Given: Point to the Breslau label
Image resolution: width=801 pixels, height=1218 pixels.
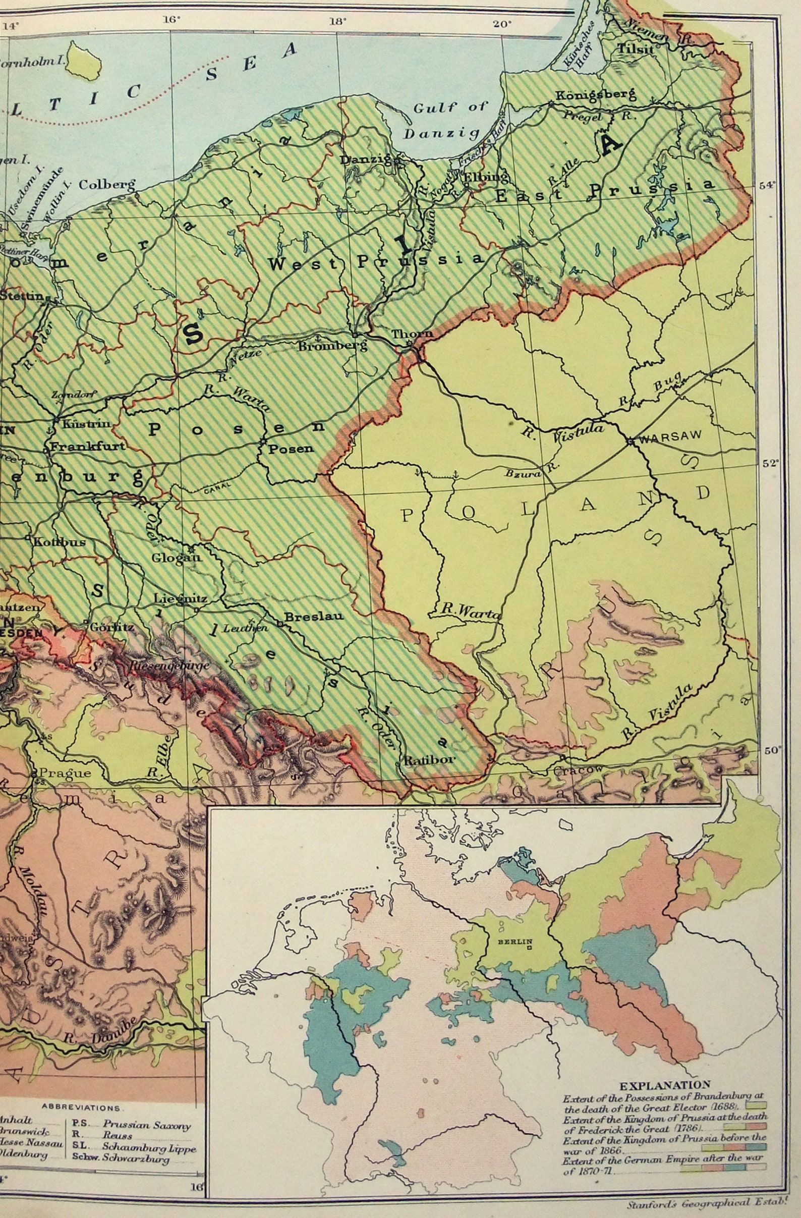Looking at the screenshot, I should [x=305, y=617].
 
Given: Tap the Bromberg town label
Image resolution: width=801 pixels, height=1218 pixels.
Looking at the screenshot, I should [x=333, y=346].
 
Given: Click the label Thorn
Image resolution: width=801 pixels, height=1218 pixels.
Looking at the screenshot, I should [x=412, y=333].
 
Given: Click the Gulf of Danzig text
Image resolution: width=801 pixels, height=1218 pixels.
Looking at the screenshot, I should [x=444, y=121].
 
